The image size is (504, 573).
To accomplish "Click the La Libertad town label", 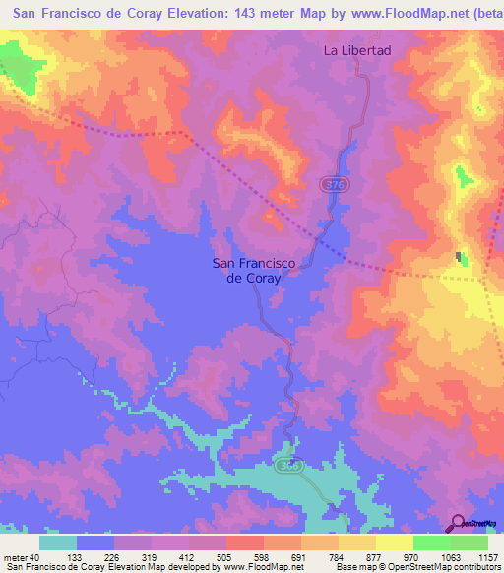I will [358, 50].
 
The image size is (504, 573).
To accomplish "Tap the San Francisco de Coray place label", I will [247, 270].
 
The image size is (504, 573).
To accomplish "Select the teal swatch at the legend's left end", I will [58, 542].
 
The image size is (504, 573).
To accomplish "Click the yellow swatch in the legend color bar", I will [394, 542].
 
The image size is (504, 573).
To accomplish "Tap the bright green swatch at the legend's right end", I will [470, 542].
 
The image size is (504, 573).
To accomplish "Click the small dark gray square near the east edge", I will [460, 258].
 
